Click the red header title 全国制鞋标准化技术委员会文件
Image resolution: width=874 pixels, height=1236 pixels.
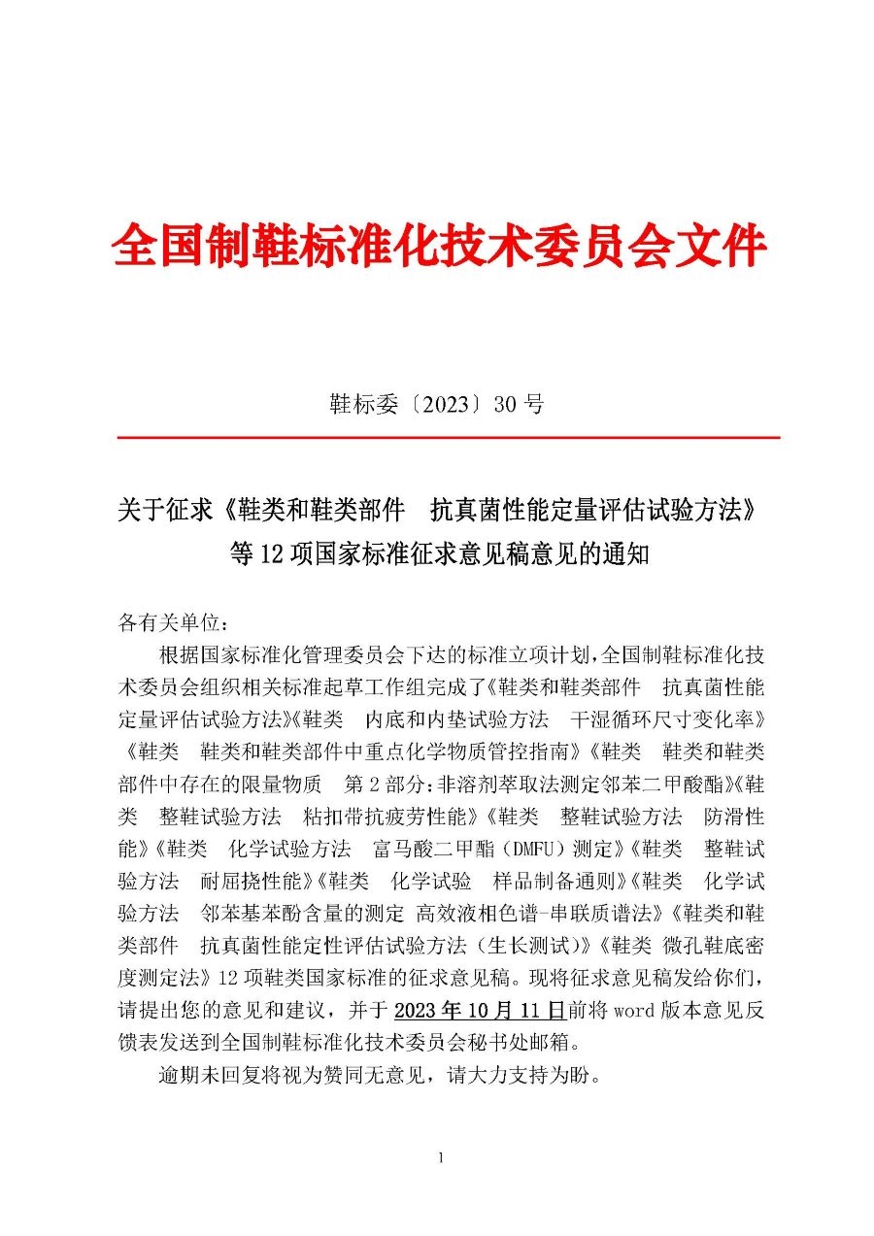(x=439, y=246)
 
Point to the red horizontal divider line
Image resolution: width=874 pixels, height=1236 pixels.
(x=449, y=438)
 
